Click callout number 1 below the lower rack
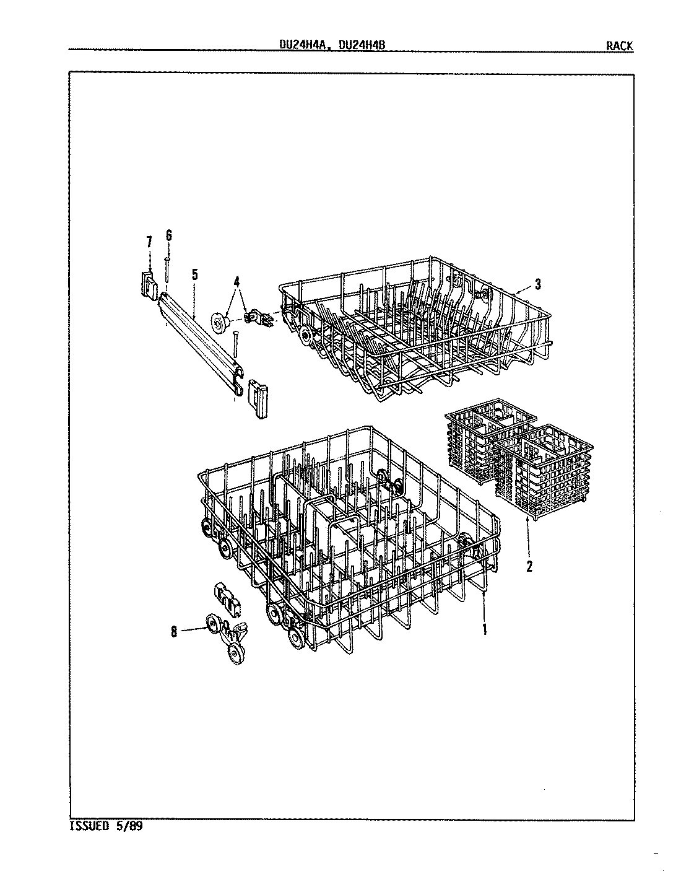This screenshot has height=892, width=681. [485, 629]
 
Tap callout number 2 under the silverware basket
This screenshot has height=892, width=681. [529, 566]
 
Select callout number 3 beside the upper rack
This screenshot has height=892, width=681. [538, 284]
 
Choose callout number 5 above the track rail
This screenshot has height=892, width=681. [194, 274]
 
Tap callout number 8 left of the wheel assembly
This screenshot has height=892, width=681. [174, 631]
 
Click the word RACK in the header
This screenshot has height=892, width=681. [620, 45]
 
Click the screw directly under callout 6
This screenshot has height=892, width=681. [167, 271]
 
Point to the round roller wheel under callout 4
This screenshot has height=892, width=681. [220, 322]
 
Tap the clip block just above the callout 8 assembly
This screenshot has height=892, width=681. [225, 595]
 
